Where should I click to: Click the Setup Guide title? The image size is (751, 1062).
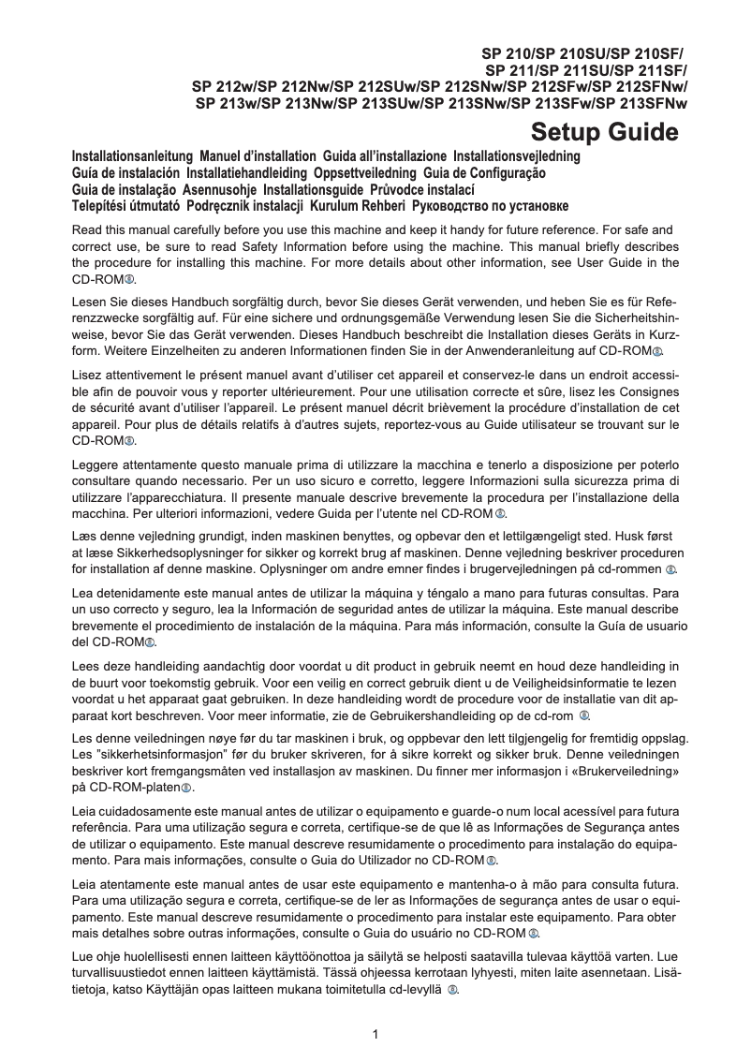click(604, 132)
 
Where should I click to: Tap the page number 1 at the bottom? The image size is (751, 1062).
click(375, 1034)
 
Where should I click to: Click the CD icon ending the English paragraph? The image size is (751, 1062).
click(129, 280)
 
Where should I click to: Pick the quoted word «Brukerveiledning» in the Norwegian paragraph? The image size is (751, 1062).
click(620, 771)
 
